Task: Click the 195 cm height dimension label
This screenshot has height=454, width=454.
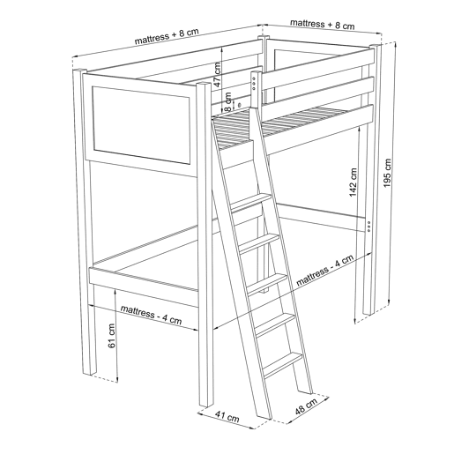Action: coord(387,173)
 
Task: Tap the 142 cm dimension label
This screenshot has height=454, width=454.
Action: coord(352,182)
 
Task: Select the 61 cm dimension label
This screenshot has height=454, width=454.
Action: coord(111,336)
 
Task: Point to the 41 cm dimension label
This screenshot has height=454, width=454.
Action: coord(227,416)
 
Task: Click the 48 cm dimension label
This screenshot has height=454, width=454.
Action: coord(306,406)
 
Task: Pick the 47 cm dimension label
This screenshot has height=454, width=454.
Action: coord(217,74)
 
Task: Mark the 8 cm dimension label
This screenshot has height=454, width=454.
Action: coord(227,101)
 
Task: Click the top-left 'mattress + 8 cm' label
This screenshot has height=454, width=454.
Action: coord(167,36)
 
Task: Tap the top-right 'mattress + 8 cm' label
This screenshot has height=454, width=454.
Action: coord(323,24)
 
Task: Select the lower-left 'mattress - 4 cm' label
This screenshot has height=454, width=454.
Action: coord(151,315)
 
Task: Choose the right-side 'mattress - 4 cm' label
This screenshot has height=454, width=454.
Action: coord(324,271)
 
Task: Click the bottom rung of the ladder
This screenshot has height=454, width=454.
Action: coord(283,365)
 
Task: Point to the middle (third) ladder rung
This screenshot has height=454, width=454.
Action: coord(267,284)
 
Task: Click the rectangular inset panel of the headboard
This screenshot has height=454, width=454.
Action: coord(141,125)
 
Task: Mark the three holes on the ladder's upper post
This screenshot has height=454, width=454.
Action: coord(254,84)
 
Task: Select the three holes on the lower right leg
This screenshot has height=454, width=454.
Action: coord(368,227)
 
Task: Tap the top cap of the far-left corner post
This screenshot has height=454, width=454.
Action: coord(79,71)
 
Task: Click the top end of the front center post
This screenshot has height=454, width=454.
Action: coord(204,85)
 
